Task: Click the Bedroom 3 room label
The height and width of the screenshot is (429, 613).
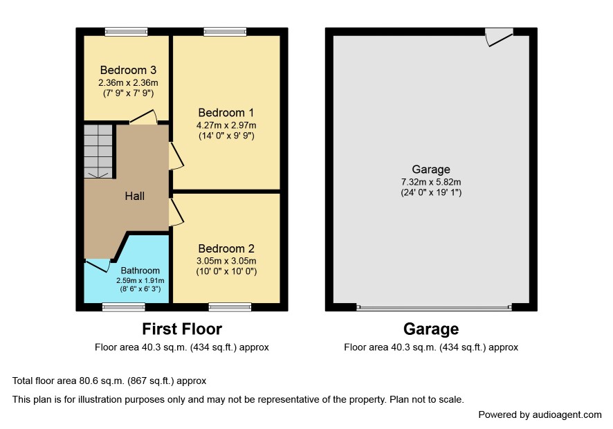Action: click(128, 70)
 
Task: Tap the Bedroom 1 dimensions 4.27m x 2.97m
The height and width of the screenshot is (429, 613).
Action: click(226, 125)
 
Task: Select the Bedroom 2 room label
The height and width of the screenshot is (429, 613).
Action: click(226, 248)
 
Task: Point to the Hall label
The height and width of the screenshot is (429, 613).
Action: click(135, 196)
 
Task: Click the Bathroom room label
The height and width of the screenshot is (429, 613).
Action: click(140, 271)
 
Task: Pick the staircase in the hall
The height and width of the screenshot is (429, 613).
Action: click(98, 152)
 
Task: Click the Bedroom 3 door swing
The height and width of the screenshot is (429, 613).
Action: click(143, 117)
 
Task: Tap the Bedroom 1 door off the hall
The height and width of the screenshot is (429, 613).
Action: click(176, 156)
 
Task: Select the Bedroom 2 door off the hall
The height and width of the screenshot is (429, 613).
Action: click(176, 212)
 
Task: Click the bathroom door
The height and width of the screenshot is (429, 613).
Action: click(98, 265)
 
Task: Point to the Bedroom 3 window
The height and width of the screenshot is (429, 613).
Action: click(127, 32)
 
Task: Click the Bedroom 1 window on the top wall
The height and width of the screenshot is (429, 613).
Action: click(225, 32)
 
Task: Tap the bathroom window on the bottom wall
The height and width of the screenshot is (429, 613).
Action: click(124, 307)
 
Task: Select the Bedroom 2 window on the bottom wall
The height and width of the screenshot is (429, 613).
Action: click(230, 307)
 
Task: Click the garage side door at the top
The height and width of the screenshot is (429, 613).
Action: click(500, 37)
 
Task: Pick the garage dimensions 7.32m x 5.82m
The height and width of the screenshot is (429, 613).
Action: click(431, 182)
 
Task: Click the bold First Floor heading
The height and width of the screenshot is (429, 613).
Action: click(182, 329)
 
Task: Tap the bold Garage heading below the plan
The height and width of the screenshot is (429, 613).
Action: click(431, 329)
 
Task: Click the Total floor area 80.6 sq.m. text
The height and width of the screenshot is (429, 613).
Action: click(109, 381)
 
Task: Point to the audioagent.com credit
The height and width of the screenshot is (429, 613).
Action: click(540, 415)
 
